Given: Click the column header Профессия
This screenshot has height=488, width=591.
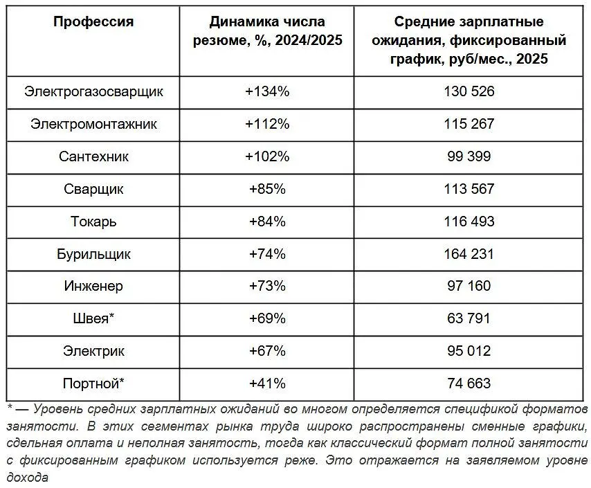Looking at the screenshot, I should (x=93, y=21).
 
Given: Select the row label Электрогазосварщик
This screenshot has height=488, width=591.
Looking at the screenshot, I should (x=93, y=91).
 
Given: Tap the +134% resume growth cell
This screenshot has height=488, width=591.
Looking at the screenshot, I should (x=267, y=91).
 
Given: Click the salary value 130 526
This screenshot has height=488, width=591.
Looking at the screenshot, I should (x=469, y=91).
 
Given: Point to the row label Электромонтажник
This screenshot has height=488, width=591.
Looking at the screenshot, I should (x=93, y=124).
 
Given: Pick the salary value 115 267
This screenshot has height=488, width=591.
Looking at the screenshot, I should (x=469, y=124).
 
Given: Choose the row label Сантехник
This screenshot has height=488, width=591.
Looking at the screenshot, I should (x=93, y=156).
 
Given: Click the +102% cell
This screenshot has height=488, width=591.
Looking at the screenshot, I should (x=267, y=156).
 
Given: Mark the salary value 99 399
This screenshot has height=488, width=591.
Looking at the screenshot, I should (x=469, y=156).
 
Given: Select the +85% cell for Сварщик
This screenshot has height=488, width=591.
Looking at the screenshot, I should (x=267, y=189).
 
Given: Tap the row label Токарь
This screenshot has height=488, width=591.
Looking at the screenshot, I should (x=93, y=222).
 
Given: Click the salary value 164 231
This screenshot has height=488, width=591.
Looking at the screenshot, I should (x=469, y=254).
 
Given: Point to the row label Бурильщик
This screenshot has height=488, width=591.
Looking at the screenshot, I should (x=93, y=254).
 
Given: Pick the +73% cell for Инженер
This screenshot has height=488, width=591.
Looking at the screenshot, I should (x=267, y=286).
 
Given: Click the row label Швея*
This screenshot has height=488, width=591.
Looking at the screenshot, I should (x=93, y=318).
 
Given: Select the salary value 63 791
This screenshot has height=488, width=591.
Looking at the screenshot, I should (x=469, y=318).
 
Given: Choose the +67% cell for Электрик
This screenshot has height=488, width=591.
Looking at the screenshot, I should (x=267, y=351).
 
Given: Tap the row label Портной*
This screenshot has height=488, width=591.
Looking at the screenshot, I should (x=93, y=383).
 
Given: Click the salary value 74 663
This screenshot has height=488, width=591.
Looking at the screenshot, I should (x=469, y=383).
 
